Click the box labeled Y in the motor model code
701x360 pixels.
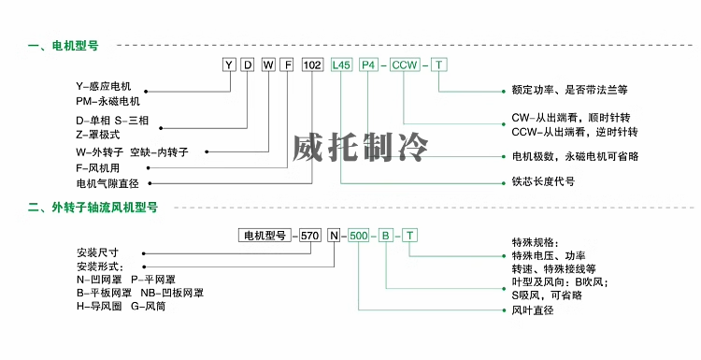(229, 65)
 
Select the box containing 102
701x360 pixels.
(312, 65)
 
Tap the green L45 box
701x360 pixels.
(340, 65)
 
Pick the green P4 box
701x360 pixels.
(368, 65)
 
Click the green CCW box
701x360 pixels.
(404, 65)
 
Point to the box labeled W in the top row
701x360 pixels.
(268, 65)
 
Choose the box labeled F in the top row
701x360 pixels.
(288, 65)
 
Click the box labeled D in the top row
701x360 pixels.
(248, 65)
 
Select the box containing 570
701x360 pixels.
(309, 236)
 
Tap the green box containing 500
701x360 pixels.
(359, 236)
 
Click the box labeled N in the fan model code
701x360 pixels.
(334, 236)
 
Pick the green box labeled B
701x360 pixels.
(385, 236)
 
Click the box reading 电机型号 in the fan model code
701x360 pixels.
(265, 236)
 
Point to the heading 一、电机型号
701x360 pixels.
(63, 46)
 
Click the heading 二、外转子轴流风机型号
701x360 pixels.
(93, 208)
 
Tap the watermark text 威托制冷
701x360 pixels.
(361, 147)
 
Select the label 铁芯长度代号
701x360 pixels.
(543, 181)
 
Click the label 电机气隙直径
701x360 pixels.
(107, 183)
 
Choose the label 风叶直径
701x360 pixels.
(533, 310)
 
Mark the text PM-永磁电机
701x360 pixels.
(107, 102)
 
